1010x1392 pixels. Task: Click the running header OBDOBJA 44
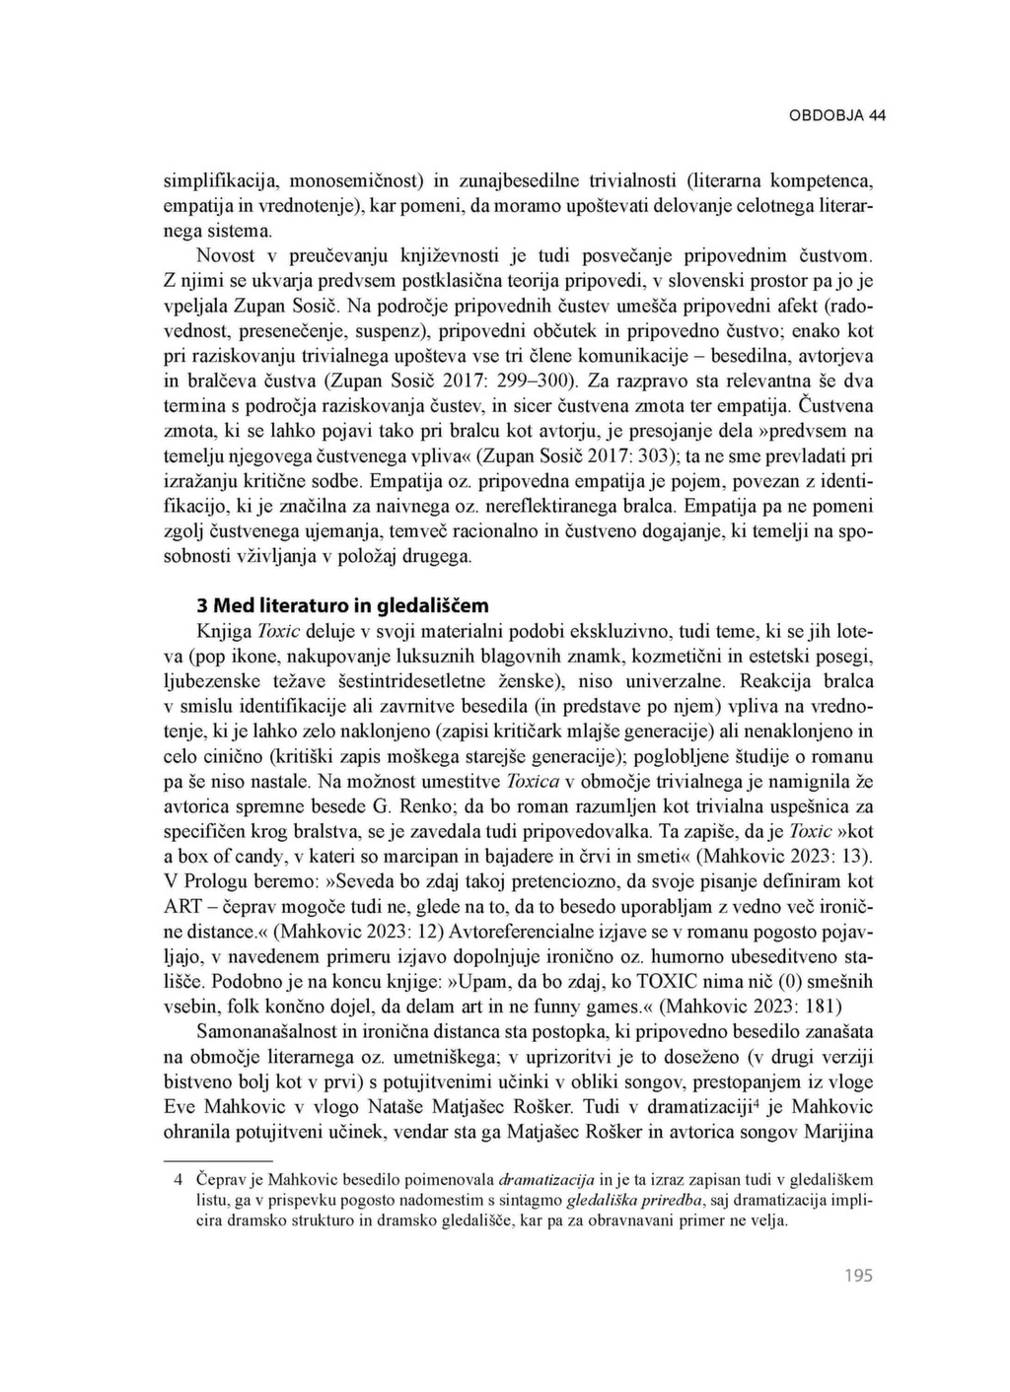[x=837, y=115]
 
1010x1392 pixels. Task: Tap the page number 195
[x=859, y=1276]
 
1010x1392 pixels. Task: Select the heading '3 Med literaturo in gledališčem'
[x=343, y=605]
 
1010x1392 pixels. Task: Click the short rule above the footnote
[x=217, y=1159]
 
